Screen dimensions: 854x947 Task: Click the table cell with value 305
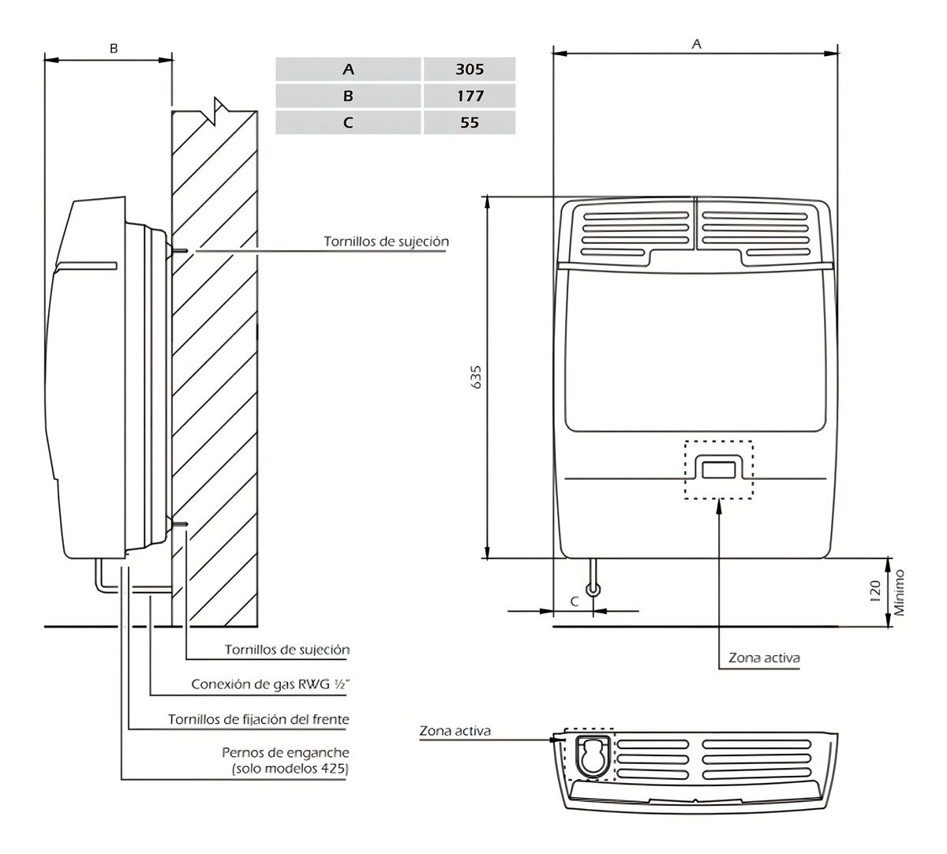(x=470, y=69)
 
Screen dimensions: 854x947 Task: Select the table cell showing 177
(x=470, y=96)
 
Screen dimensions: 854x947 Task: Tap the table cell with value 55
(x=470, y=122)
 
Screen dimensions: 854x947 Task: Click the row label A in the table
(x=349, y=69)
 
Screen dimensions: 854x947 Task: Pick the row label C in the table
(x=349, y=122)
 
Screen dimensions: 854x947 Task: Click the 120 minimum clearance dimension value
(x=874, y=593)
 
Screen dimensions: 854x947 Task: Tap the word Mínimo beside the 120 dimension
(x=898, y=593)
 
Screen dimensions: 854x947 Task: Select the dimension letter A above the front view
(x=696, y=45)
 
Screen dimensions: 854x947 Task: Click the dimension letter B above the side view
(x=114, y=48)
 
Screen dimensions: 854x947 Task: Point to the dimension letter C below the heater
(x=575, y=601)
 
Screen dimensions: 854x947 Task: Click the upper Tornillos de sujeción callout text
(x=386, y=241)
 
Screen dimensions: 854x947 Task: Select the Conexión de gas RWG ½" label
(x=271, y=684)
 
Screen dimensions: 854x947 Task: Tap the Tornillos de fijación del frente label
(x=259, y=719)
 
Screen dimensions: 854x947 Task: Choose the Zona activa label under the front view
(x=764, y=657)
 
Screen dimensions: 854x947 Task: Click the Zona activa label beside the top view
(x=455, y=731)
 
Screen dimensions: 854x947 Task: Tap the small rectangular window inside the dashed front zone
(x=719, y=468)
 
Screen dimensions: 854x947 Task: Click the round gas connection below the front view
(x=593, y=589)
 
